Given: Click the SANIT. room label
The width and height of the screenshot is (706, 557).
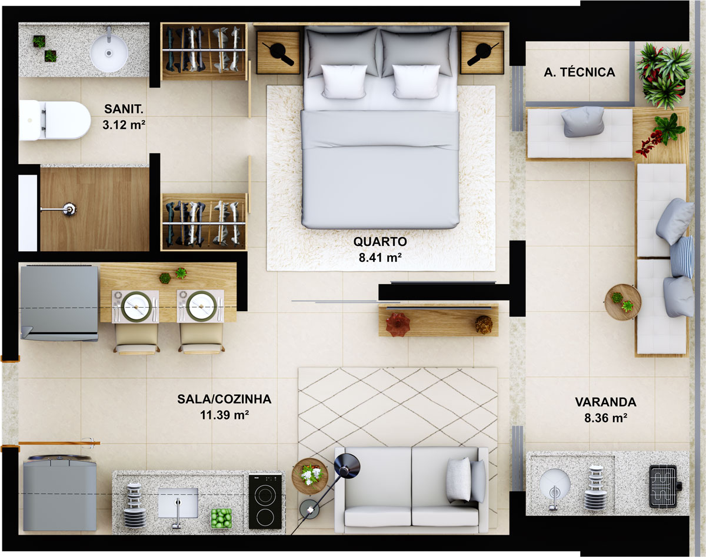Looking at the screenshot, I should pyautogui.click(x=124, y=109).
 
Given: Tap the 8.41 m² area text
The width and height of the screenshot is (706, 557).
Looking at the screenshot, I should pyautogui.click(x=380, y=256).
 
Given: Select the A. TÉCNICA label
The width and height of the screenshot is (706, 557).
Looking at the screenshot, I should pyautogui.click(x=580, y=72).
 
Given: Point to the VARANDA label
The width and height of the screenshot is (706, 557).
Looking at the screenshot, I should pyautogui.click(x=605, y=403).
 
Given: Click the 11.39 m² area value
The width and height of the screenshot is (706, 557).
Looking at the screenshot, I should pyautogui.click(x=224, y=414).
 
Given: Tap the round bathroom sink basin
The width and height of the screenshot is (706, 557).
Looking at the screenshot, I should pyautogui.click(x=109, y=53).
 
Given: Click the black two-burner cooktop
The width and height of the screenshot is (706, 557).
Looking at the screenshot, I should pyautogui.click(x=265, y=501).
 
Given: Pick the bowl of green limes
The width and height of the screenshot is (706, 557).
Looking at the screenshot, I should pyautogui.click(x=221, y=518).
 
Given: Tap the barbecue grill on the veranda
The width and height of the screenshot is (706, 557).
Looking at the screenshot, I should pyautogui.click(x=664, y=486).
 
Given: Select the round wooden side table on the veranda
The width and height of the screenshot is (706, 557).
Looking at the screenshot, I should pyautogui.click(x=622, y=302).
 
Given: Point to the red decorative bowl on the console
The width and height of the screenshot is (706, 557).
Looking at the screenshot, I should pyautogui.click(x=398, y=324).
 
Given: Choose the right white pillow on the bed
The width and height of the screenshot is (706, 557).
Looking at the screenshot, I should pyautogui.click(x=416, y=81).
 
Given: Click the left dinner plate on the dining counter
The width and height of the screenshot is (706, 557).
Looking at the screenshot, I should pyautogui.click(x=136, y=306).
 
